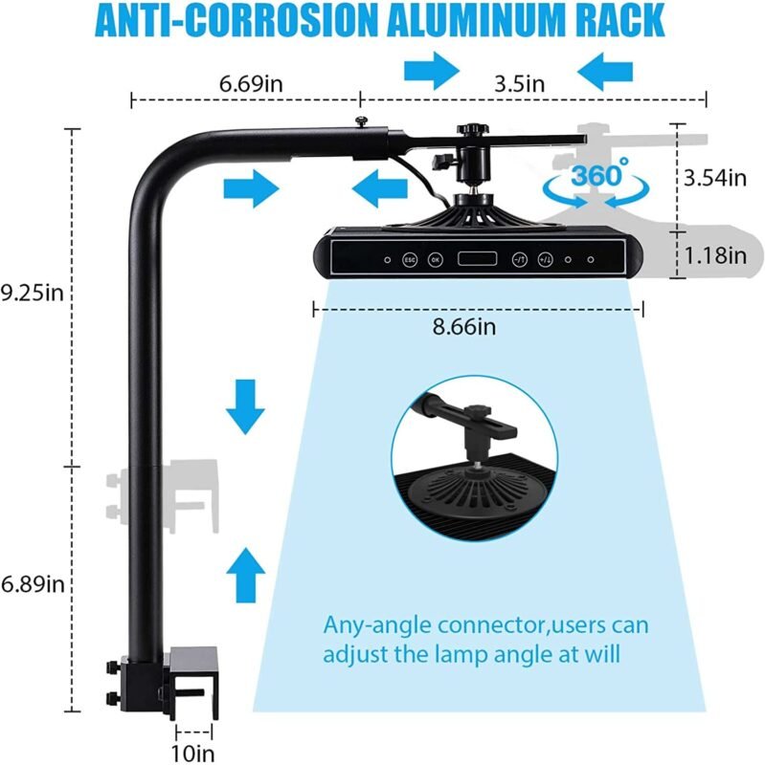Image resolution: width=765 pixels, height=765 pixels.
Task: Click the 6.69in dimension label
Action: tap(251, 83)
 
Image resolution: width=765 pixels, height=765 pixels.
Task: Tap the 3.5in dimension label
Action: tap(519, 84)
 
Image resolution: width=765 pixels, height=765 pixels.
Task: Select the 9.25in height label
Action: tap(33, 294)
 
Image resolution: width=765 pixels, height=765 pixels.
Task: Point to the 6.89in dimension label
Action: tap(33, 583)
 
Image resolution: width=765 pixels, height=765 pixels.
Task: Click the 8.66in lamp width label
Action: tap(464, 326)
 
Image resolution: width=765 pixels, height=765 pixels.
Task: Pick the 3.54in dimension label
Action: tap(714, 178)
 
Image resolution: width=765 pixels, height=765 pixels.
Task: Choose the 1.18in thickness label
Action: tap(715, 255)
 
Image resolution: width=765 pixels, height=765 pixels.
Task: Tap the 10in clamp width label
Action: tap(192, 753)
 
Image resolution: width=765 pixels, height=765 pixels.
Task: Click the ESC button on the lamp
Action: tap(410, 259)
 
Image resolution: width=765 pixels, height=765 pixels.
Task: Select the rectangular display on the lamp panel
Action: tap(477, 258)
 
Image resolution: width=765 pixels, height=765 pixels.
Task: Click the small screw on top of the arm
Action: tap(362, 121)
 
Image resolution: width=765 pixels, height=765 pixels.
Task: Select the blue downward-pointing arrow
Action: tap(245, 406)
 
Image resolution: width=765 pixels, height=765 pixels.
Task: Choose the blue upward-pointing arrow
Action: tap(246, 576)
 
